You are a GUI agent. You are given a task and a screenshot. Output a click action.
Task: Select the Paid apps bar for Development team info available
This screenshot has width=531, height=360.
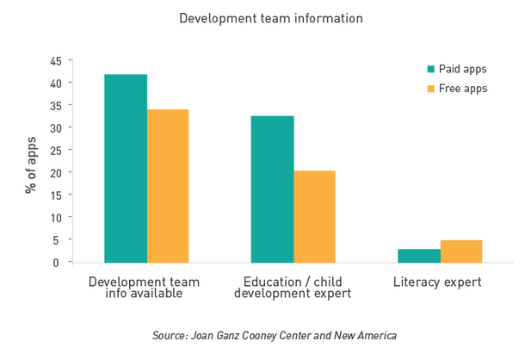[126, 168]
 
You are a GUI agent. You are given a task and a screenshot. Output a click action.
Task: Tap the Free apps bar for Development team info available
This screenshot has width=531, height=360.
[168, 185]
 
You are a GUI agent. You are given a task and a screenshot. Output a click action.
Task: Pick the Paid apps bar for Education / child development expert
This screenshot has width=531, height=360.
[272, 189]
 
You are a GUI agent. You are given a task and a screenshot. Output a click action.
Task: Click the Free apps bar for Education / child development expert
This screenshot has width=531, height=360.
[314, 216]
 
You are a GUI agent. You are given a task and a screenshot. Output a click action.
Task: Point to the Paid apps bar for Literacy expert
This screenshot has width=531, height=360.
[419, 255]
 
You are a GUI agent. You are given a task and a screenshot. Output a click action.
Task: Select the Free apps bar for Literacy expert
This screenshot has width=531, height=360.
[461, 251]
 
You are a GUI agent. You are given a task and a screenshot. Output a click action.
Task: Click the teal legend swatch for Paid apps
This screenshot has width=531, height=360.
[431, 69]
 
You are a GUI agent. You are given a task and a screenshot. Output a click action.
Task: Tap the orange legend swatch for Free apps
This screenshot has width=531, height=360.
[431, 89]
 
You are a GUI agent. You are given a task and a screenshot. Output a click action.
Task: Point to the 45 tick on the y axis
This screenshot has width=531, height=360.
[55, 61]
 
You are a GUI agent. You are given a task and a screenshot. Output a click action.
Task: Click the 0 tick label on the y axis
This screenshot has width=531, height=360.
[58, 262]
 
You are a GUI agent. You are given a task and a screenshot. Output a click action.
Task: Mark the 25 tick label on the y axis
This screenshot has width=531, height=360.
[55, 150]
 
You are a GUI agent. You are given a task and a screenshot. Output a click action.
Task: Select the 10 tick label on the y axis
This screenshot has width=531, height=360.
[55, 217]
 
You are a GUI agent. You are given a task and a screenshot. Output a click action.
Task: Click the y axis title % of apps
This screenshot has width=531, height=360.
[31, 164]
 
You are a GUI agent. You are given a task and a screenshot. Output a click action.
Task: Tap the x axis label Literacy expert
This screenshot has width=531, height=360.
[437, 282]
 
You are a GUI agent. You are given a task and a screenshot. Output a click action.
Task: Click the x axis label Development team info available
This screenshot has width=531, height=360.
[145, 288]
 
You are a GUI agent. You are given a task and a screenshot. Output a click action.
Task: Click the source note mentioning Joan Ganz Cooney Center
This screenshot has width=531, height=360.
[274, 335]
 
